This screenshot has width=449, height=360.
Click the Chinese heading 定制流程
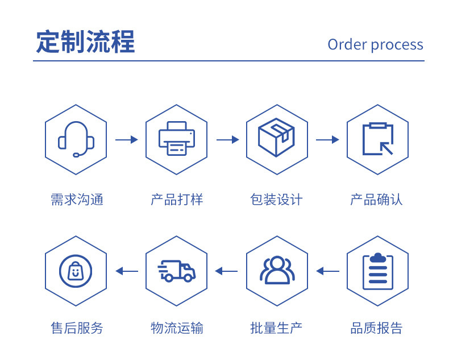[85, 42]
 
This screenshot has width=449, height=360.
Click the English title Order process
[376, 45]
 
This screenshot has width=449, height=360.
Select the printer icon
[177, 139]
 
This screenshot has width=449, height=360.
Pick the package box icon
[276, 137]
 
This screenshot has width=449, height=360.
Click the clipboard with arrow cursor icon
[378, 139]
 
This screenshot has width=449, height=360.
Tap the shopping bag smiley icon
[76, 271]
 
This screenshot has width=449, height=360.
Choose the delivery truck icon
[177, 271]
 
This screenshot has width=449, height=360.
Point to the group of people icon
[277, 270]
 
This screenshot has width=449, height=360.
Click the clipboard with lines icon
[378, 271]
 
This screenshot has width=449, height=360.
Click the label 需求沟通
[77, 200]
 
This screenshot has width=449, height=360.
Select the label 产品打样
[177, 200]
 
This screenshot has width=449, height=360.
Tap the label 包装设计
[276, 200]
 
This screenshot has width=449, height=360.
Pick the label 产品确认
[377, 200]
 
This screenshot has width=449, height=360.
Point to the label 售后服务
[77, 328]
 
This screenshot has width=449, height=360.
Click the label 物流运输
[177, 328]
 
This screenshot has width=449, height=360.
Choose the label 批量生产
[276, 328]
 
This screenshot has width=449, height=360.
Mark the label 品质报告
[377, 328]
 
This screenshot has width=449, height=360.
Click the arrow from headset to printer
[127, 139]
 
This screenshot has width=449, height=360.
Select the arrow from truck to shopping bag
[127, 271]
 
